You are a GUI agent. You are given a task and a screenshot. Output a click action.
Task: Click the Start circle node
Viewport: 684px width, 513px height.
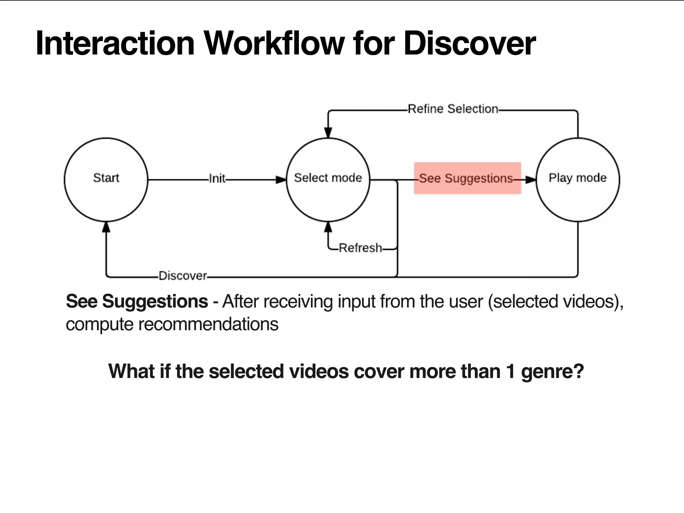[x=106, y=179]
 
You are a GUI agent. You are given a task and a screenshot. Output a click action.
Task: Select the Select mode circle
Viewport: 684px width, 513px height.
[x=328, y=179]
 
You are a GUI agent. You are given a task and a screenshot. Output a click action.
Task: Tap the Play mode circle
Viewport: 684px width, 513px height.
[x=577, y=179]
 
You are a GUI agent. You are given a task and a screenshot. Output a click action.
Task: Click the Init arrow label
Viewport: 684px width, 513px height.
[x=217, y=179]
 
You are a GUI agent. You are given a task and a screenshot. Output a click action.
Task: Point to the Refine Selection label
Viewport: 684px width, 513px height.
[x=453, y=109]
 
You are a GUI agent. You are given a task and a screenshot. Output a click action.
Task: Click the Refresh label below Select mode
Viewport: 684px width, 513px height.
[x=360, y=248]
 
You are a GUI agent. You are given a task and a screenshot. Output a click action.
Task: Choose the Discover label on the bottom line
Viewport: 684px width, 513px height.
[x=183, y=276]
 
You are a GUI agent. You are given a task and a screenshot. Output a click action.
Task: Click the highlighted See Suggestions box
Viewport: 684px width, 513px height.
[x=467, y=178]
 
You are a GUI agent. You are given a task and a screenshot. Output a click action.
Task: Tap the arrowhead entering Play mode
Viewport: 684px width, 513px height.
[x=530, y=180]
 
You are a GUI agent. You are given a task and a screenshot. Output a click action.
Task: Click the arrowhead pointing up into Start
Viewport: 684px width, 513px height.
[x=106, y=227]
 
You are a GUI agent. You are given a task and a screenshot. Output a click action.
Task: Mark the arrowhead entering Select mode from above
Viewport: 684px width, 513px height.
[x=328, y=133]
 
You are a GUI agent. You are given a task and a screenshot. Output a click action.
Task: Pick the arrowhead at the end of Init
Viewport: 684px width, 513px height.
[x=281, y=180]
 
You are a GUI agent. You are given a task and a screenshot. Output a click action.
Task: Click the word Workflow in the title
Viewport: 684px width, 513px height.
[x=274, y=43]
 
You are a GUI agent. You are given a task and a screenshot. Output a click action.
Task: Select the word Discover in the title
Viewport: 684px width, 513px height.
[x=469, y=43]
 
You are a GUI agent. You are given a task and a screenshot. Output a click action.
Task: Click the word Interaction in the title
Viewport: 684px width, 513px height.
[x=115, y=43]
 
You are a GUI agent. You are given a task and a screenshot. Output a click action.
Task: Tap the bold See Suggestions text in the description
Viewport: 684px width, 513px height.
[x=137, y=301]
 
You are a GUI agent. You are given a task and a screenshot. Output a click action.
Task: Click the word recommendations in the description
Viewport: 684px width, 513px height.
[x=208, y=324]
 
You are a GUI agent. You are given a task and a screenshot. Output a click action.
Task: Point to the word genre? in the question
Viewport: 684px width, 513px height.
[x=552, y=371]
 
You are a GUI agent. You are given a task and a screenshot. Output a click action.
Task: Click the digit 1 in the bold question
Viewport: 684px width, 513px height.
[x=510, y=371]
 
